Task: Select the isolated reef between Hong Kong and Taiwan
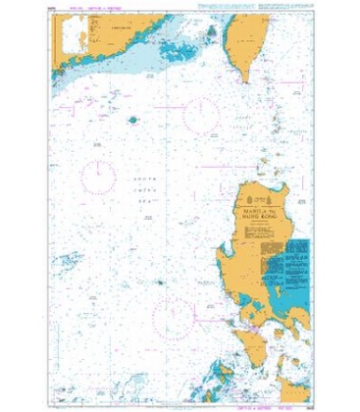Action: (132, 120)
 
